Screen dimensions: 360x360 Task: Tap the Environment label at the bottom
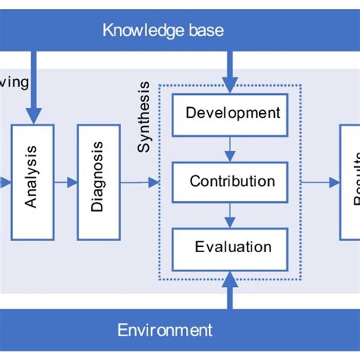coord(165,330)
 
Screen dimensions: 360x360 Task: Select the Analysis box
coord(32,182)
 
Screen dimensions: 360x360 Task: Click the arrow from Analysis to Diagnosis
coord(65,182)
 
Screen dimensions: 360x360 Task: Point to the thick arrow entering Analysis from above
coord(33,87)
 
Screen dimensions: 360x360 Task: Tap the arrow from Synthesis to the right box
coord(321,182)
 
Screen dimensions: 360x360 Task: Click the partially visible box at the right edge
coord(350,182)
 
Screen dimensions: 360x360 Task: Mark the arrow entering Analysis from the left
coord(5,182)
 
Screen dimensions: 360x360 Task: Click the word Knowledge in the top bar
coord(134,30)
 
